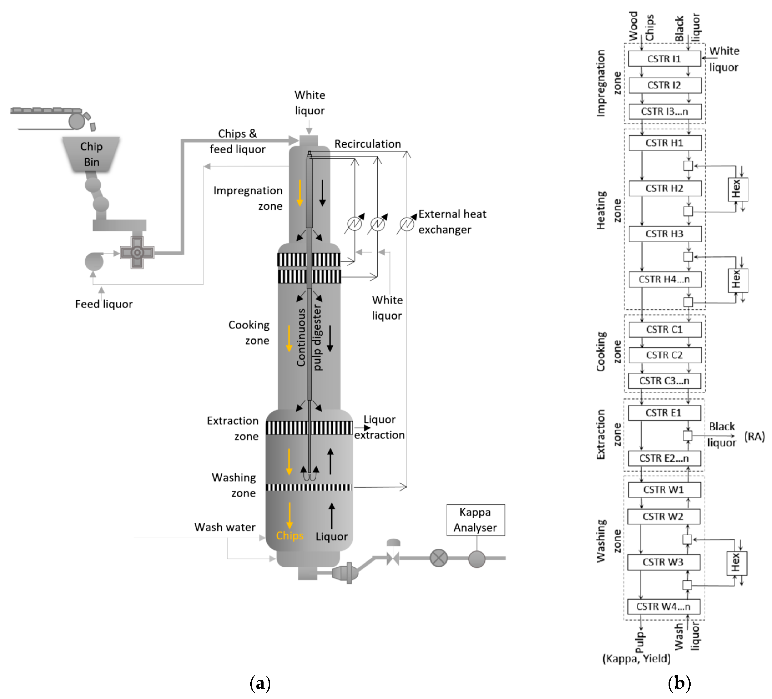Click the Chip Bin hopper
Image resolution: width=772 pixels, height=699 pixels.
pos(91,154)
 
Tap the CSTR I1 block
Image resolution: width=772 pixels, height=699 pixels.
pos(664,59)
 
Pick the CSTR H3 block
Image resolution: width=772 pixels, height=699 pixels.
pos(664,233)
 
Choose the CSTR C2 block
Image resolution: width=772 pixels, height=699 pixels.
pos(664,355)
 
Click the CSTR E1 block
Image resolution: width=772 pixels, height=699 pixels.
pos(664,413)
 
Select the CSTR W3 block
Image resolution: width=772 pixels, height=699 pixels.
pos(663,562)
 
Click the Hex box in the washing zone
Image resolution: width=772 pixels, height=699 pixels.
pos(736,563)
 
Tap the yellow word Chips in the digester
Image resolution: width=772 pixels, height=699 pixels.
pos(290,536)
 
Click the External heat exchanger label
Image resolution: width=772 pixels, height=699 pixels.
pos(452,222)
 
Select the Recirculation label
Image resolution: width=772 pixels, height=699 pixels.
pos(367,144)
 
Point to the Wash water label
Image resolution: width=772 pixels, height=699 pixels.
pos(225,527)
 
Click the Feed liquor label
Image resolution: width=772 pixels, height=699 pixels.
pos(104,304)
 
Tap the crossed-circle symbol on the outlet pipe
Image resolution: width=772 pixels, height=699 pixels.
pos(438,558)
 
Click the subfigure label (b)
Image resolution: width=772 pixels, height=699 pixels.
pos(679,683)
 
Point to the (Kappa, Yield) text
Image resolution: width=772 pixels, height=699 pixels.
pos(636,658)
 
